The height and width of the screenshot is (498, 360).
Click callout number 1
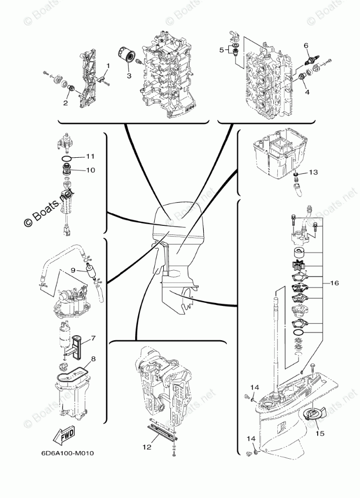point(107,66)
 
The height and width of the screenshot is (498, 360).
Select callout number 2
point(65,103)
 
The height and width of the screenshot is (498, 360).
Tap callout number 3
point(129,76)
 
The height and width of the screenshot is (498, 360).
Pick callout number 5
point(221,50)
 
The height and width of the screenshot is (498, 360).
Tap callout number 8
point(93,359)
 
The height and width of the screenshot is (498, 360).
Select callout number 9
point(73,270)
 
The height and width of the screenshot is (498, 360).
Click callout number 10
point(90,170)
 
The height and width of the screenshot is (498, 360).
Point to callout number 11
point(90,156)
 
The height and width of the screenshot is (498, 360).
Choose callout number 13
point(313,172)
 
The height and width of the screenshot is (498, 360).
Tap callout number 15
point(320,432)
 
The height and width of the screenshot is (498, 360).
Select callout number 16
point(334,283)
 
